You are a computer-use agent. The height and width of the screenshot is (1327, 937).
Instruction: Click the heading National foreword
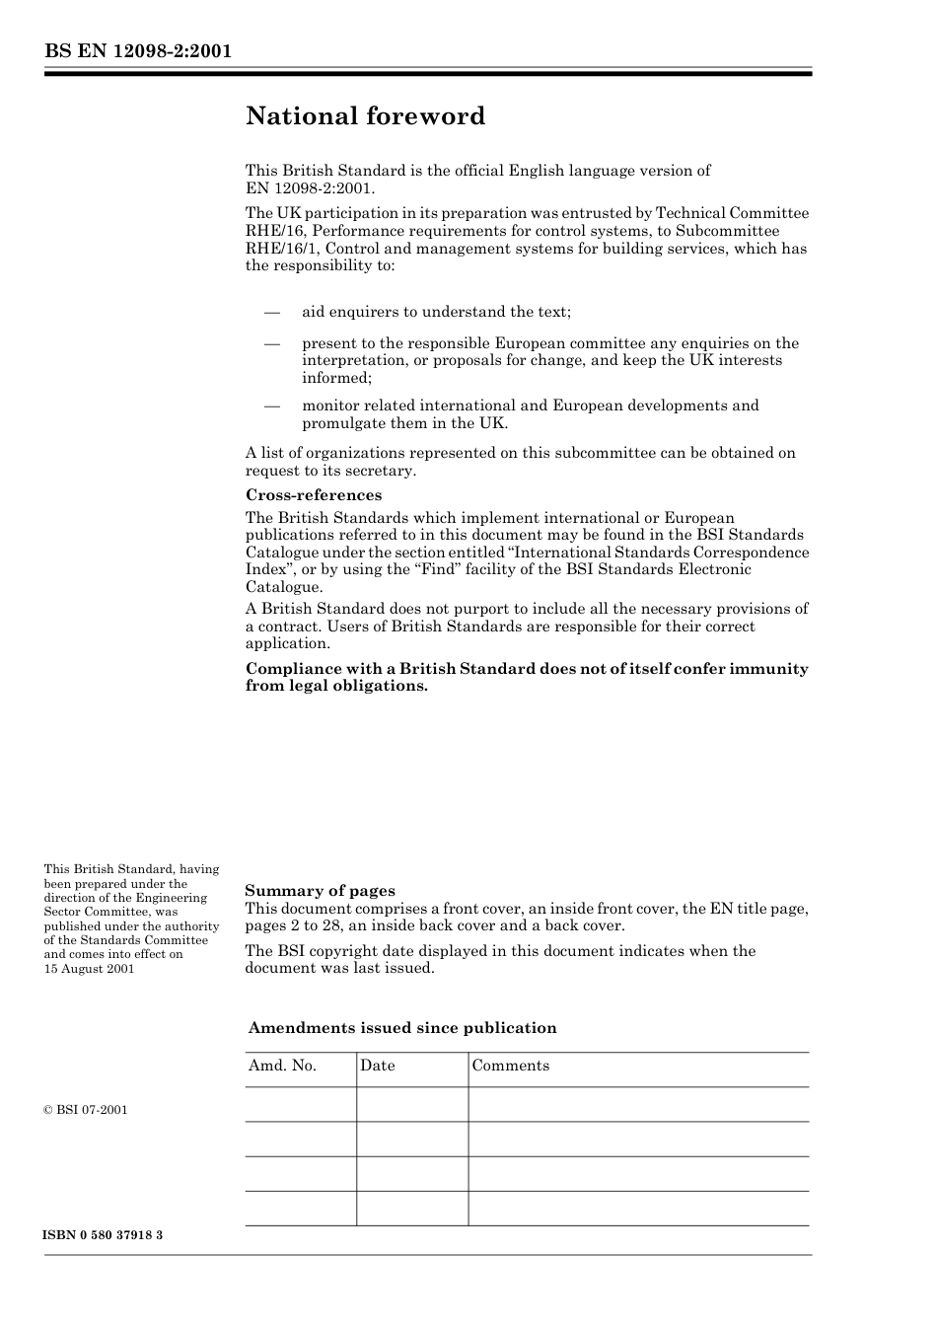click(x=365, y=116)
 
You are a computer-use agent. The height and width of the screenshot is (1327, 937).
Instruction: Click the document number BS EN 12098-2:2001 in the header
click(x=137, y=51)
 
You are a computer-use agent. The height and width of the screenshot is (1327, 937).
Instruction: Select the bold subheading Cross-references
click(x=313, y=495)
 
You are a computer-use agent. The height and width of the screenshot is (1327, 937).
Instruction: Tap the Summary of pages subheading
click(x=320, y=890)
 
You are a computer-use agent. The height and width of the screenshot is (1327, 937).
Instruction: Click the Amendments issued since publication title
click(x=401, y=1028)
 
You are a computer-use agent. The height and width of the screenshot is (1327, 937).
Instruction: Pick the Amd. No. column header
click(x=282, y=1066)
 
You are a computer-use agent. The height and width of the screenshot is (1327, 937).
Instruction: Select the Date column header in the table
click(x=377, y=1066)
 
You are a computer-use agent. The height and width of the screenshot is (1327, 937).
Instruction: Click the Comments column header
click(x=510, y=1066)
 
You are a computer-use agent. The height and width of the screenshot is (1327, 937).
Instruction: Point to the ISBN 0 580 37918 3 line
click(x=103, y=1235)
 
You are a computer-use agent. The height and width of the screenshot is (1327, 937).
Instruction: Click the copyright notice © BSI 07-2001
click(x=86, y=1110)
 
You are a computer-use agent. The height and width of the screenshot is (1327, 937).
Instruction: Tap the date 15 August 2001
click(x=89, y=969)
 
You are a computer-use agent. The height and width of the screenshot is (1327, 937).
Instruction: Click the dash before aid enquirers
click(x=271, y=313)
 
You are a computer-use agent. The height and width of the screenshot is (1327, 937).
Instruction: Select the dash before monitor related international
click(x=271, y=406)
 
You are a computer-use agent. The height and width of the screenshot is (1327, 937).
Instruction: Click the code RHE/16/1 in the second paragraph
click(x=277, y=249)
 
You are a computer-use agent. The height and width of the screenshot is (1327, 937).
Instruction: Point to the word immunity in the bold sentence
click(x=768, y=669)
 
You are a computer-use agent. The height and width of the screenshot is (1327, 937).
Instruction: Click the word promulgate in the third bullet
click(x=341, y=423)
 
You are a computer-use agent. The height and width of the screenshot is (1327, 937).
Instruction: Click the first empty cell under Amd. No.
click(x=301, y=1105)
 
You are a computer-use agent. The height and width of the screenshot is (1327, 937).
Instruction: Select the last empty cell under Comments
click(x=638, y=1209)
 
